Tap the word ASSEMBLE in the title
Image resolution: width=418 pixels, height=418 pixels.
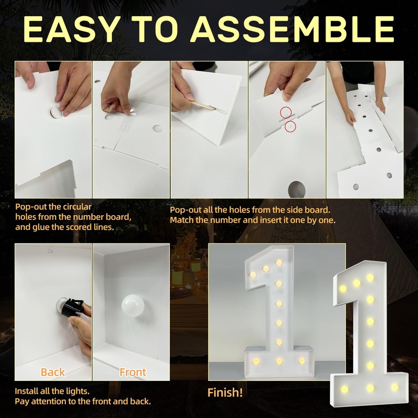[x=293, y=29]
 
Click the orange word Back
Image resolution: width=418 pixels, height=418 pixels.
[x=53, y=372]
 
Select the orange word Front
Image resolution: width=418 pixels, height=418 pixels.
[x=133, y=372]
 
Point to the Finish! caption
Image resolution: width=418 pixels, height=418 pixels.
[x=225, y=392]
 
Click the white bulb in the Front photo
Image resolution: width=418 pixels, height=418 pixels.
[x=133, y=306]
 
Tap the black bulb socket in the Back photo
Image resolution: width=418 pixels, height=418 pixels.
[x=72, y=308]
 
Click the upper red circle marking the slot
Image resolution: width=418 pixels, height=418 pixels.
[x=286, y=112]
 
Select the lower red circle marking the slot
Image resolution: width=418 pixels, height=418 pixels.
[x=291, y=126]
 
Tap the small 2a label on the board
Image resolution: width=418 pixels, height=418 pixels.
[x=50, y=251]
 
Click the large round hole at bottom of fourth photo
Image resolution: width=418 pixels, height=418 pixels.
[x=296, y=189]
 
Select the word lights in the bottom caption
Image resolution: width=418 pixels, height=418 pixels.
[x=77, y=391]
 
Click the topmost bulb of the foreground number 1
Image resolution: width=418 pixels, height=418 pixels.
[x=370, y=277]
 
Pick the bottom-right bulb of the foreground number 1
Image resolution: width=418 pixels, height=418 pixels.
[x=395, y=387]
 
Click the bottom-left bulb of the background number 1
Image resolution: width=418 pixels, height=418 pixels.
[x=256, y=362]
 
